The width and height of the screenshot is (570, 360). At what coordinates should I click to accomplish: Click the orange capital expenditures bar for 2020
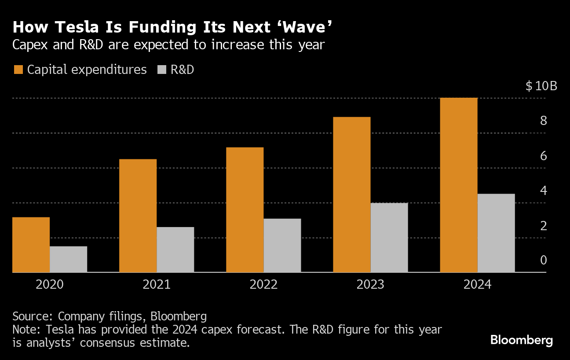click(31, 245)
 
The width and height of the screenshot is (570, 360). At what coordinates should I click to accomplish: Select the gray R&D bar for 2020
click(68, 259)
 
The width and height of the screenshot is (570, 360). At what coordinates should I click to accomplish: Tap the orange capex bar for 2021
click(138, 216)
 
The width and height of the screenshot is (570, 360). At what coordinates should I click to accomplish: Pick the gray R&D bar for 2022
click(282, 246)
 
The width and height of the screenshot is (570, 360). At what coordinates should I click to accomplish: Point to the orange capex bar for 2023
click(351, 195)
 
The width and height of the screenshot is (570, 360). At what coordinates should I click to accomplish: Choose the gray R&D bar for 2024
click(496, 233)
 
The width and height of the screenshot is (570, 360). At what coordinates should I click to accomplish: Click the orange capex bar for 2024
click(458, 185)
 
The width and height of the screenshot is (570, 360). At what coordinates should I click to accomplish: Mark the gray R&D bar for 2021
click(175, 250)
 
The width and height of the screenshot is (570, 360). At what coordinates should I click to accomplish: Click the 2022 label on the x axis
click(263, 284)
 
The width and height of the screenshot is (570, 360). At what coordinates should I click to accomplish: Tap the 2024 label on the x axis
click(477, 284)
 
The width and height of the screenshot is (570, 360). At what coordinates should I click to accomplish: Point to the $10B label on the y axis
click(541, 86)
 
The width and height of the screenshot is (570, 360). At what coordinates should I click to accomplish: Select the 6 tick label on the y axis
click(544, 156)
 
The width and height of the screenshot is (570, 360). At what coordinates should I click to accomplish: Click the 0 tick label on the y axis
click(544, 261)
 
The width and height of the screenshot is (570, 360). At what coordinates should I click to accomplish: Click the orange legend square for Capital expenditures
click(18, 70)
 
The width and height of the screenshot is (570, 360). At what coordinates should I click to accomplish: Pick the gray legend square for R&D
click(162, 70)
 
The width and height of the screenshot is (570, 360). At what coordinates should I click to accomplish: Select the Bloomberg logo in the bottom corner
click(521, 340)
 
